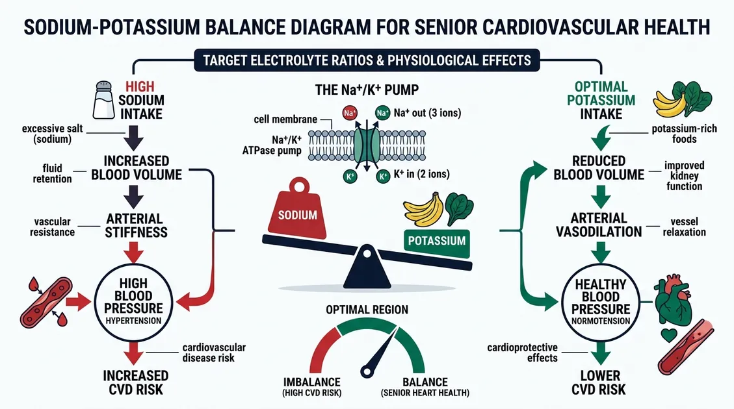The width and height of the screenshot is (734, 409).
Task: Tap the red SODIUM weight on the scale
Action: [x=298, y=208]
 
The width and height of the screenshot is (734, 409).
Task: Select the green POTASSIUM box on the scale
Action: [x=436, y=240]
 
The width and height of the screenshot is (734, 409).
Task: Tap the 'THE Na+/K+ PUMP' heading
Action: [x=367, y=91]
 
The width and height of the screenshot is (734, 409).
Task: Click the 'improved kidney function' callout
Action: [x=683, y=176]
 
